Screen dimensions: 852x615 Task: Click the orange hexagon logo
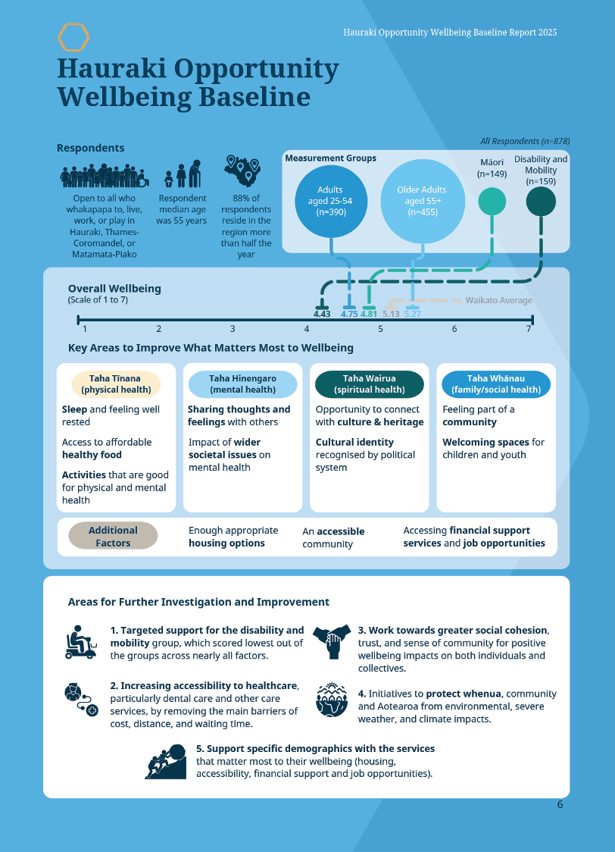coord(73,36)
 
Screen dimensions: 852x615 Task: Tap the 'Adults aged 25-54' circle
coord(330,201)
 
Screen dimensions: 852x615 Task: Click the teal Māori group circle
coord(492,202)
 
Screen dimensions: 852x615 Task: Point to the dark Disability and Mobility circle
coord(541,202)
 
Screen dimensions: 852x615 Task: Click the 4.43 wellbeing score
coord(322,313)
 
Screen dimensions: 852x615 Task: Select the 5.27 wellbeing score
coord(413,313)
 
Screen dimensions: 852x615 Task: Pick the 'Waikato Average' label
coord(498,300)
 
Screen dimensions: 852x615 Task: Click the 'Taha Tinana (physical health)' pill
coord(116,384)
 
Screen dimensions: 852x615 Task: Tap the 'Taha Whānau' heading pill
coord(496,384)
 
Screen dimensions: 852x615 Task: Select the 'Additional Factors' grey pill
coord(113,536)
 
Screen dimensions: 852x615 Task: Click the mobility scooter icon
coord(81,643)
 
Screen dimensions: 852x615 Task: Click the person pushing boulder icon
coord(165,761)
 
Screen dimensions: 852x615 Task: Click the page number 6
coord(560,804)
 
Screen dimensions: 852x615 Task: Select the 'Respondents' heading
coord(90,148)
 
